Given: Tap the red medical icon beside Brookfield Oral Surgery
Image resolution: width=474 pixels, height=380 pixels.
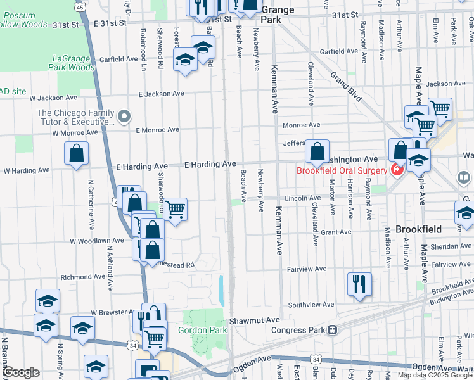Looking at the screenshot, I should coord(397,170).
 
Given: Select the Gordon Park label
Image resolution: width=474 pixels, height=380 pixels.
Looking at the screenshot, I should coord(202,330).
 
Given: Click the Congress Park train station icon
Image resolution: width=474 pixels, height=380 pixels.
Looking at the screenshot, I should coord(332,329).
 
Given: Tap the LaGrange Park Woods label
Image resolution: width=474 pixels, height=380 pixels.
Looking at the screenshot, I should coord(72,63).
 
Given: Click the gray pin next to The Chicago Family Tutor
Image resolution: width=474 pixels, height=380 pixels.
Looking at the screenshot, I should coord(124,117).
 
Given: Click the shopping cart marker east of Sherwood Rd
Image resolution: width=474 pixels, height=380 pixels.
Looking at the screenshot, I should coord(175,208).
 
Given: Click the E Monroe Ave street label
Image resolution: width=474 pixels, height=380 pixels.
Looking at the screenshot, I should coord(157,129).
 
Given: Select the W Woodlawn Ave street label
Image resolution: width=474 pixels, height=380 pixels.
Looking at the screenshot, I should coord(96,241).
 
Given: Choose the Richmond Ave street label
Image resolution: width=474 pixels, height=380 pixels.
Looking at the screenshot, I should coord(82,277).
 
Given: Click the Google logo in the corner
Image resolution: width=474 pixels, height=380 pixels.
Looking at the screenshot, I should coord(21,372).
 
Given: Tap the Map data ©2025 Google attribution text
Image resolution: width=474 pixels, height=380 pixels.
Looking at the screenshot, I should coord(435,375).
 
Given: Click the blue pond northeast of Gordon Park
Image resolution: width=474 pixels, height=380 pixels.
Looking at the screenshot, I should coord(221,290).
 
